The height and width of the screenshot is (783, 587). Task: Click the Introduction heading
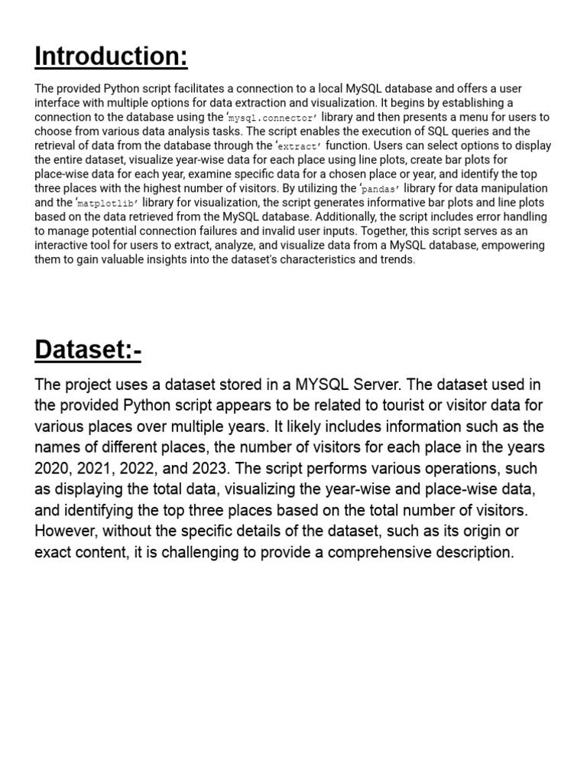pyautogui.click(x=112, y=56)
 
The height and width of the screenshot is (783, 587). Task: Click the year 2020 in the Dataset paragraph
pyautogui.click(x=51, y=469)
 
